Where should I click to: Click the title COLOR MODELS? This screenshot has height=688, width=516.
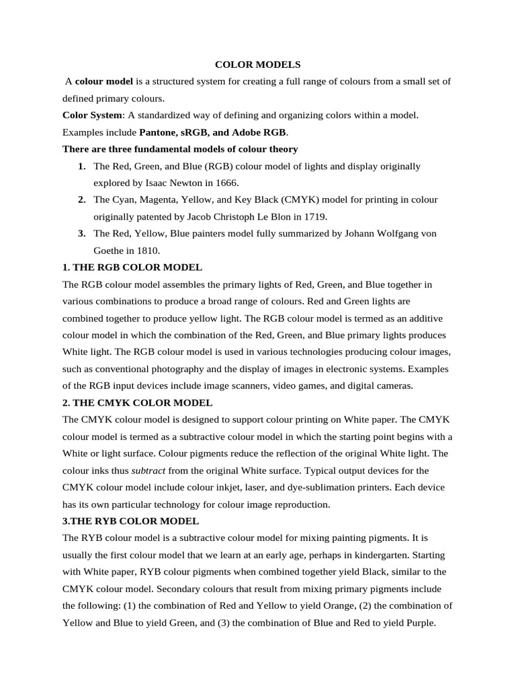coord(258,64)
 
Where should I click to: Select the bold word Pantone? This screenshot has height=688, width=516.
coord(158,132)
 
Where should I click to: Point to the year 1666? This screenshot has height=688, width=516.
coord(225,183)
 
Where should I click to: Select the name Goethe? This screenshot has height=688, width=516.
coord(110,251)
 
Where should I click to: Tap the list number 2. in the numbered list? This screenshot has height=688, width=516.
coord(81,200)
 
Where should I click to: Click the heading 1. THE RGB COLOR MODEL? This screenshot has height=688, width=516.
coord(132,267)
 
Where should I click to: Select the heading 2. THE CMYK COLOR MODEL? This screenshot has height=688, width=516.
coord(137,403)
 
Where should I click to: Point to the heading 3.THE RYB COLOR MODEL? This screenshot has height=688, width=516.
coord(130,521)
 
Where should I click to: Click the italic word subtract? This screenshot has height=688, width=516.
coord(148,470)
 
